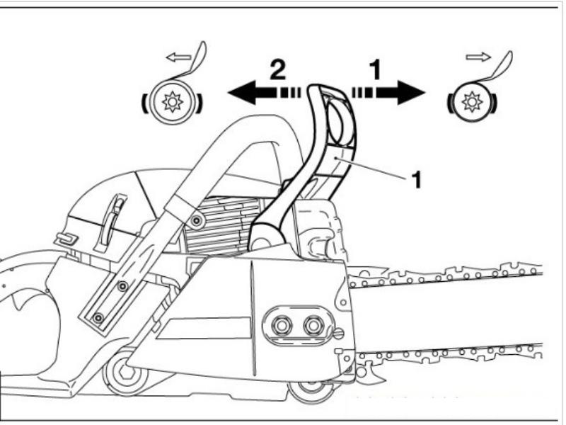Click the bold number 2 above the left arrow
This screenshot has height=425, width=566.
pyautogui.click(x=277, y=69)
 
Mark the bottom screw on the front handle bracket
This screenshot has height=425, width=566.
pyautogui.click(x=98, y=316)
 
